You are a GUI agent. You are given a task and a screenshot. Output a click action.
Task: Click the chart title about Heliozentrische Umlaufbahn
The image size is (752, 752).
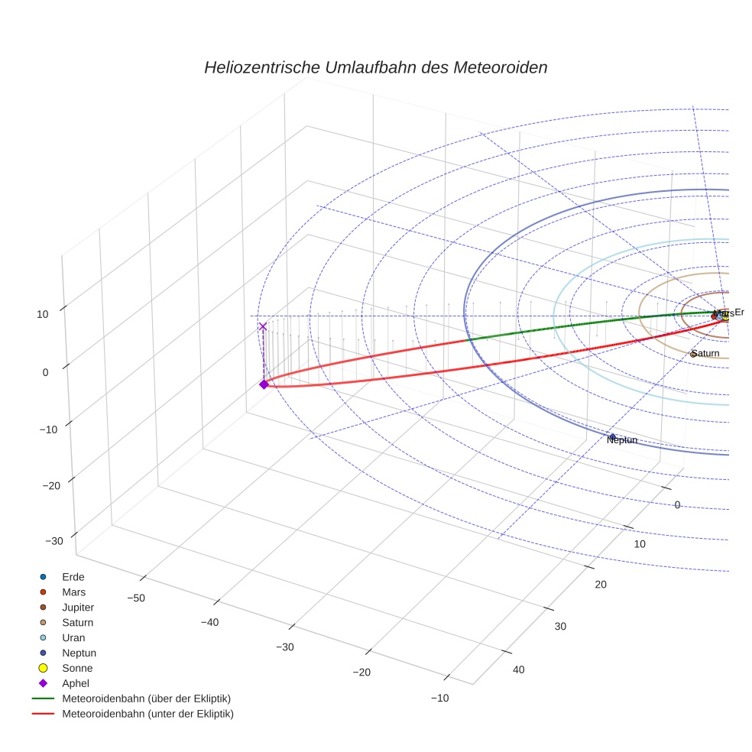pos(375,67)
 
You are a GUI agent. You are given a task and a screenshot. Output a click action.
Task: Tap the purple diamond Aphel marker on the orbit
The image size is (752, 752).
pos(264,384)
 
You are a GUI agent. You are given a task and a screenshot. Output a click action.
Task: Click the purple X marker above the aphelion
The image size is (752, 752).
pos(264,326)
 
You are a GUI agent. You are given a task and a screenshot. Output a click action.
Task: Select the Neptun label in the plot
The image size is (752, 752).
pos(621,440)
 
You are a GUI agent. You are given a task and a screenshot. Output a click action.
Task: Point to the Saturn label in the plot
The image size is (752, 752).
pos(706,353)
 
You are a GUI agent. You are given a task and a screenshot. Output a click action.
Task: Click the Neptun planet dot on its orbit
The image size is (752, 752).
pos(612,436)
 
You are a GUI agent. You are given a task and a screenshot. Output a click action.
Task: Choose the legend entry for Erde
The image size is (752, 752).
pos(73,576)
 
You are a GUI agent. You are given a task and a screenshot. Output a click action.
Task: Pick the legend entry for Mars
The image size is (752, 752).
pos(73,592)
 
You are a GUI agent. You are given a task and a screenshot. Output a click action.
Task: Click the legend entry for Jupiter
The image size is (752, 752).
pos(77,607)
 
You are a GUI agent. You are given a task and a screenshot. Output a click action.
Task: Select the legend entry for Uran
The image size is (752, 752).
pos(73,637)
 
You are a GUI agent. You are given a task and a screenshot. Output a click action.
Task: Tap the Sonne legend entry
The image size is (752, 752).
pos(77,668)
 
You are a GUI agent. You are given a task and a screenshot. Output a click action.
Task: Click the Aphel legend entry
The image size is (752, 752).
pos(75,683)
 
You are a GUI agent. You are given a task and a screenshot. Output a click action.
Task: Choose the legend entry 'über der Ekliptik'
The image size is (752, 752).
pos(146,699)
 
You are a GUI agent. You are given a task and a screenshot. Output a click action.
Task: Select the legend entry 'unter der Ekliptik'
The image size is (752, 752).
pos(147,714)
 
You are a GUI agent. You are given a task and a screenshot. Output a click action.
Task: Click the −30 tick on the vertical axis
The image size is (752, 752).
pos(54,541)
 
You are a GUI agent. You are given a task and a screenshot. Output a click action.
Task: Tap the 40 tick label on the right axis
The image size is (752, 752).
pos(518,669)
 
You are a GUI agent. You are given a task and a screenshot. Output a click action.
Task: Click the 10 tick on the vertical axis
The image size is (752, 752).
pos(41,313)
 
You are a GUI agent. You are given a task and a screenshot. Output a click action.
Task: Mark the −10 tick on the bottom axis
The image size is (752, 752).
pos(439,698)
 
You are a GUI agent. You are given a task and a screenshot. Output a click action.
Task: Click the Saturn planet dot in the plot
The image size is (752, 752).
pos(692,354)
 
